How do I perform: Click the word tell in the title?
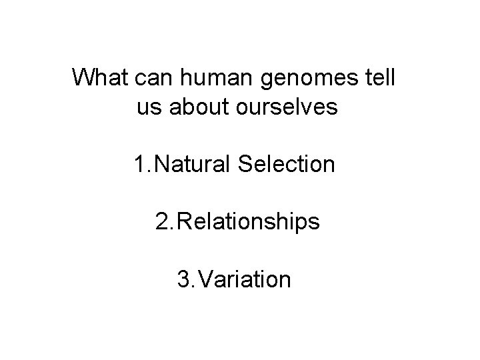coord(380,77)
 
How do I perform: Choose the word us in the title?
coord(149,109)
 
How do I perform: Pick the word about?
coord(197,107)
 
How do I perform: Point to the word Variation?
coord(244,279)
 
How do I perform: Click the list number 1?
coord(138,163)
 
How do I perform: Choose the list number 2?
coord(162,221)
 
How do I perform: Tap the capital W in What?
coord(83,77)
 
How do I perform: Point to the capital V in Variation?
coord(207,279)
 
